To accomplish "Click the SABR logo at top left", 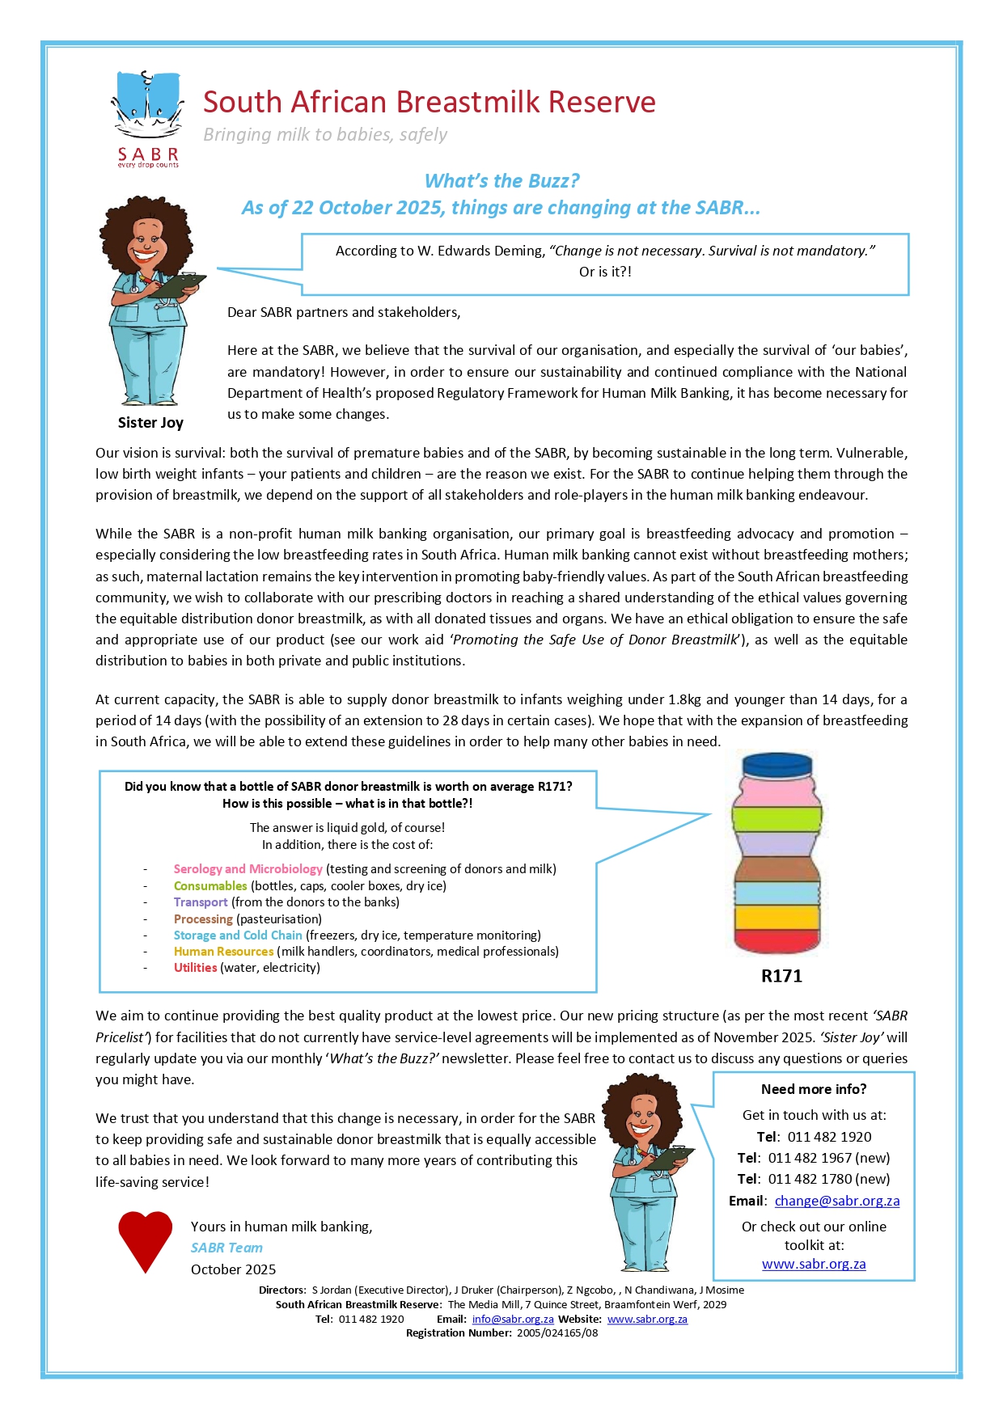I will click(147, 117).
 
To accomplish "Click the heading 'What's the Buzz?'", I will click(501, 181).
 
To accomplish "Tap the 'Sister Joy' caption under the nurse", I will click(150, 423).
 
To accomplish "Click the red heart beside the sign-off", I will click(146, 1240).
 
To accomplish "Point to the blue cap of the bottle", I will click(777, 765).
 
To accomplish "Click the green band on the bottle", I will click(777, 818).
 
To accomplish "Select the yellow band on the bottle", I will click(777, 917).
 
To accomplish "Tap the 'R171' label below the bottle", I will click(781, 976).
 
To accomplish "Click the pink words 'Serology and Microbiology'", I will click(248, 869).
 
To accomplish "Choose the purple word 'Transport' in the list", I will click(201, 902).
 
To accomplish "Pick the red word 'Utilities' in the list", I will click(195, 968).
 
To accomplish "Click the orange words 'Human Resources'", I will click(223, 952).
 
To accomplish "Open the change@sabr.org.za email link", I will click(837, 1201).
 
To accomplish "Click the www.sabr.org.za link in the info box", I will click(814, 1264).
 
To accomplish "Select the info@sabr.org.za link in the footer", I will click(513, 1319).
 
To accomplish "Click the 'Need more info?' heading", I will click(814, 1089).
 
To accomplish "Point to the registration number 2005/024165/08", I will click(557, 1332).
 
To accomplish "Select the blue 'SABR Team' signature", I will click(226, 1248).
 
